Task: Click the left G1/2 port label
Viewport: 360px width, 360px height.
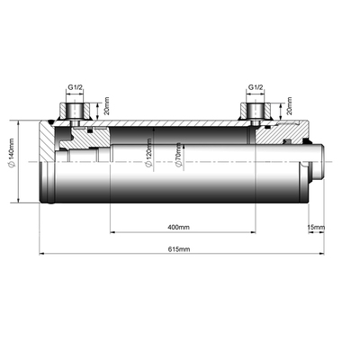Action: [x=77, y=89]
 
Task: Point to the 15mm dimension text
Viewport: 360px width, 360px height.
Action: [x=315, y=226]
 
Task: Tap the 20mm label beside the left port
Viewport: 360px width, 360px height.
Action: [x=106, y=109]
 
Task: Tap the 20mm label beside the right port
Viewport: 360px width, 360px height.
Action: [x=288, y=109]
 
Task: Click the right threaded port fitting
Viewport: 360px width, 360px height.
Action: [x=255, y=112]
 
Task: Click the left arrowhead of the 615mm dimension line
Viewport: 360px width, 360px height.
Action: [x=41, y=254]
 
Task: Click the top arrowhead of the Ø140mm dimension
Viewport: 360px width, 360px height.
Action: [x=20, y=121]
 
